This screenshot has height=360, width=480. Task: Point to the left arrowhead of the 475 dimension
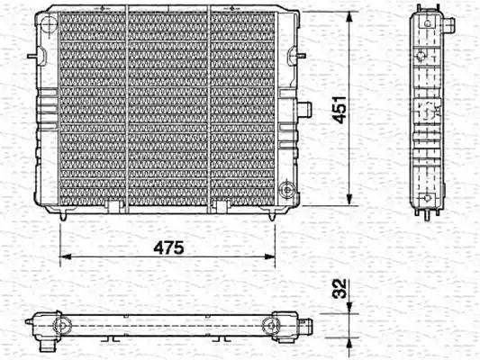pos(64,258)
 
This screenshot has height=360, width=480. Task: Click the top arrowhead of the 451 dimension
pos(348,16)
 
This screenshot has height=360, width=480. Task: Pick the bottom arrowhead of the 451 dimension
pos(348,202)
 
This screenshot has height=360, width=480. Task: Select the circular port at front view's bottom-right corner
pos(287,190)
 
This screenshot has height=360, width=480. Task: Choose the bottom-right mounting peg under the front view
pos(273,215)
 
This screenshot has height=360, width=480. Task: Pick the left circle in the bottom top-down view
pos(60,325)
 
